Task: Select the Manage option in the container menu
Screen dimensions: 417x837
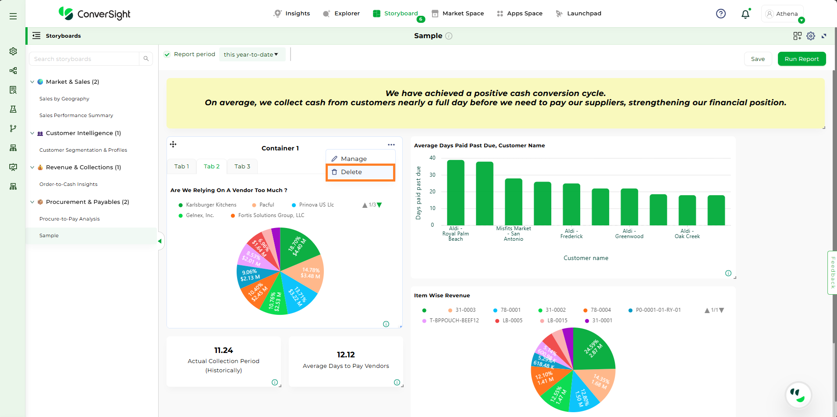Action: coord(354,159)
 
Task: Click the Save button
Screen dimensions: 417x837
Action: coord(758,59)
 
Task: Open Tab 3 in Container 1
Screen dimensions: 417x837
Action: coord(242,167)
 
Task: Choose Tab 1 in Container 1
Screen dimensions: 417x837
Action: coord(181,167)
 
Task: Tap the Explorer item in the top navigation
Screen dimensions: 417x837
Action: coord(341,14)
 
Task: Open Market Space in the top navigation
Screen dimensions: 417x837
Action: coord(458,14)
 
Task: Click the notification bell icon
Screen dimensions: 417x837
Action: coord(745,14)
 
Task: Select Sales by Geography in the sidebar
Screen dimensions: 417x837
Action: coord(64,99)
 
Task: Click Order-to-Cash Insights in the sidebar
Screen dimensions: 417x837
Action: coord(68,185)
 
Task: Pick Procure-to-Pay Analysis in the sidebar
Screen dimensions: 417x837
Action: coord(70,219)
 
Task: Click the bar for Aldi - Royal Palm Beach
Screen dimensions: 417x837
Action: coord(456,193)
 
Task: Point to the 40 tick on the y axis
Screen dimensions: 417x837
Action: coord(433,158)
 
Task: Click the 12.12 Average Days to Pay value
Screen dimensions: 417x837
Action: coord(346,355)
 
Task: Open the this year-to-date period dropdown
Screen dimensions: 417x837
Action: coord(251,55)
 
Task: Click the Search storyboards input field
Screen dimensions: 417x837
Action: coord(85,59)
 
